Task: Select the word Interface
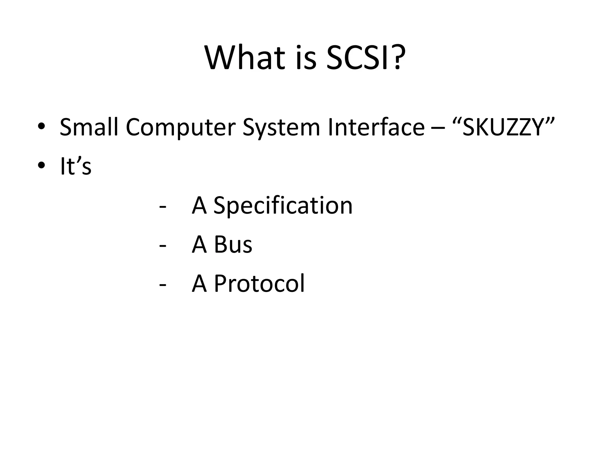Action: (376, 127)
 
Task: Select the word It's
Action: (76, 166)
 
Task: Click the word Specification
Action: (283, 206)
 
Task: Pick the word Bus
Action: (233, 245)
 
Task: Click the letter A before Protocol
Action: (199, 283)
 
